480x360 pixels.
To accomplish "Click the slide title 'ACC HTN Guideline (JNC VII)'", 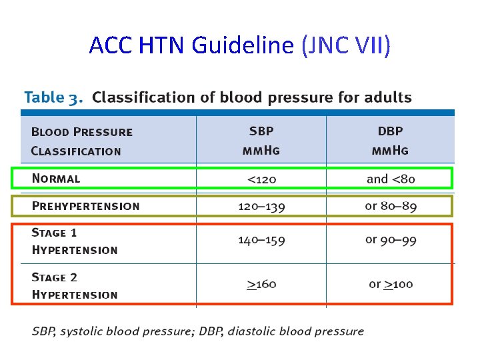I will pyautogui.click(x=239, y=45).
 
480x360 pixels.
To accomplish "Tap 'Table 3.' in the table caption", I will pyautogui.click(x=54, y=97).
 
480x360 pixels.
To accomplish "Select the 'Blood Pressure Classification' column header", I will pyautogui.click(x=82, y=141).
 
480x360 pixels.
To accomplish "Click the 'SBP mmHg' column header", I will pyautogui.click(x=261, y=141).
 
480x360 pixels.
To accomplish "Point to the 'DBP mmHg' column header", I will pyautogui.click(x=390, y=141).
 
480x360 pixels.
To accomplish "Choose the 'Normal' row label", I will pyautogui.click(x=56, y=179).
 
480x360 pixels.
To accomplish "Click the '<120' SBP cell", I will pyautogui.click(x=261, y=179).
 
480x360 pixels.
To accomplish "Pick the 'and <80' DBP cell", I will pyautogui.click(x=391, y=179).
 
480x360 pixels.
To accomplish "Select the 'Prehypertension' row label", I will pyautogui.click(x=86, y=206).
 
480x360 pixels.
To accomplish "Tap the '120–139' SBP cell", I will pyautogui.click(x=261, y=206).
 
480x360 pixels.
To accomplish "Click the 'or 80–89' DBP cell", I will pyautogui.click(x=391, y=206).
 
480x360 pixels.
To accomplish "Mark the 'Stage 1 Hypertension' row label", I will pyautogui.click(x=75, y=241).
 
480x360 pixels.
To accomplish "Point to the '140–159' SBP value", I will pyautogui.click(x=261, y=240).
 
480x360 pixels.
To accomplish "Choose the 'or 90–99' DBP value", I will pyautogui.click(x=391, y=240).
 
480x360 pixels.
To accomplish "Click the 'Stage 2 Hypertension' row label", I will pyautogui.click(x=75, y=286).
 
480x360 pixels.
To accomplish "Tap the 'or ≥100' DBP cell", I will pyautogui.click(x=391, y=285).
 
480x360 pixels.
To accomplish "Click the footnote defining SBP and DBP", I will pyautogui.click(x=198, y=331).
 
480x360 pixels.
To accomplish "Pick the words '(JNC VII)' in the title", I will pyautogui.click(x=346, y=45).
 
